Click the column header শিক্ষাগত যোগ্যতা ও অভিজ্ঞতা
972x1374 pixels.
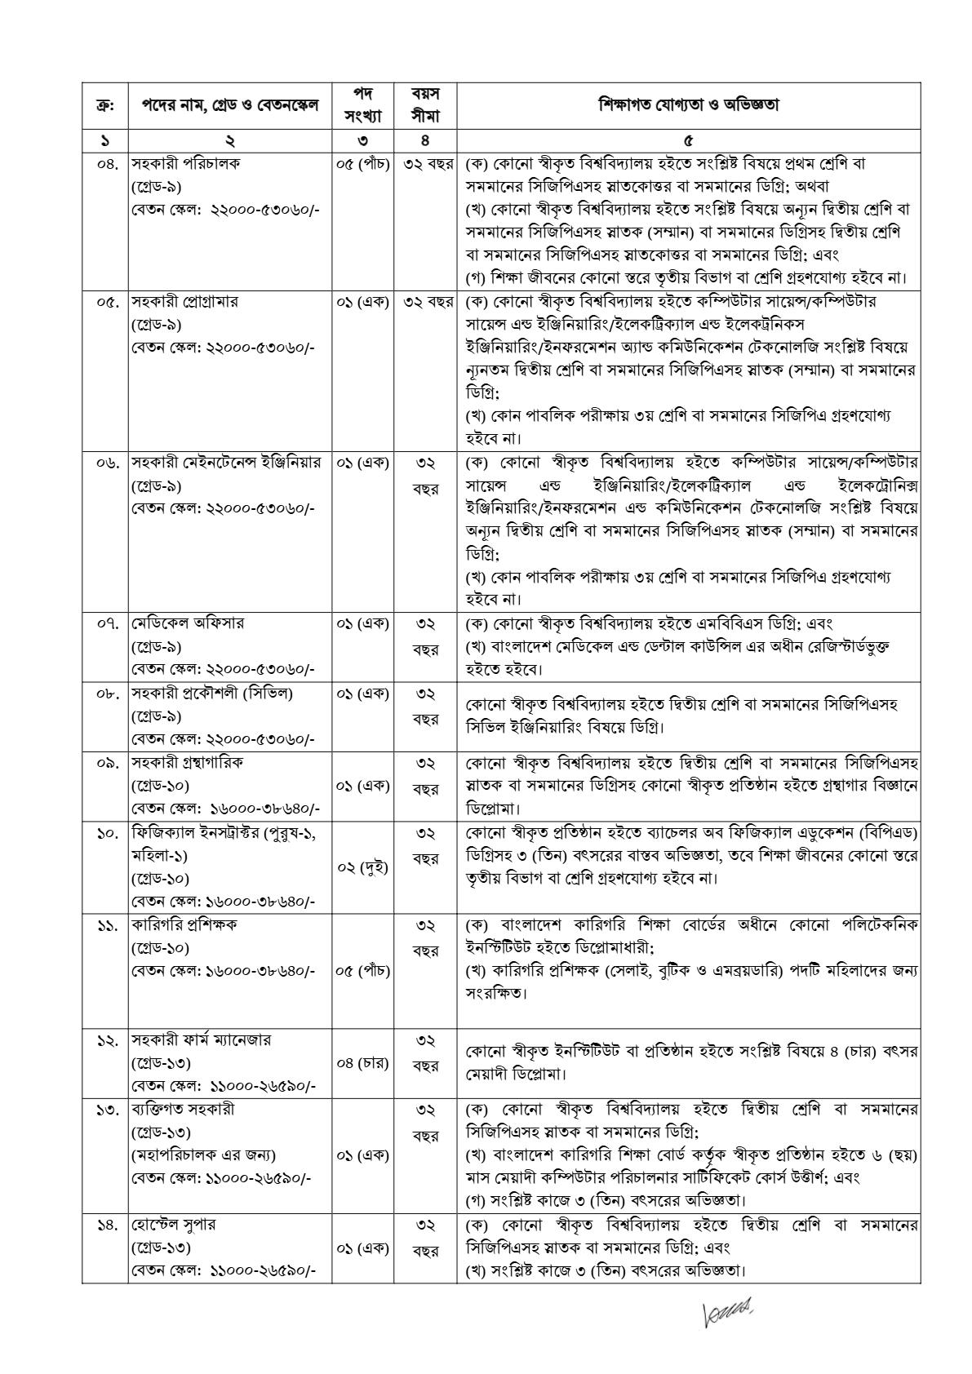tap(688, 105)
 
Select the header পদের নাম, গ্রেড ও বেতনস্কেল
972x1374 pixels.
tap(230, 105)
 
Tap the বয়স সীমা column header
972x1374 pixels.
tap(425, 105)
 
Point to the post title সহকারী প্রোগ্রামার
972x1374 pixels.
tap(185, 302)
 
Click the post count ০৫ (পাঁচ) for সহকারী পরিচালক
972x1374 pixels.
tap(363, 163)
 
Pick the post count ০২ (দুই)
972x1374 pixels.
tap(363, 867)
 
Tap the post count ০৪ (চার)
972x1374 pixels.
tap(363, 1063)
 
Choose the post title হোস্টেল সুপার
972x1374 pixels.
tap(173, 1226)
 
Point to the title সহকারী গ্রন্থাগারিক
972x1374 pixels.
tap(187, 764)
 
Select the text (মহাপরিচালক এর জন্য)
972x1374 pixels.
tap(203, 1155)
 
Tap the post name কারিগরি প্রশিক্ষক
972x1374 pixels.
tap(184, 925)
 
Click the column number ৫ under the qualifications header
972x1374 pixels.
tap(688, 140)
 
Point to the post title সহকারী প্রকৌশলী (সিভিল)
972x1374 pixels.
tap(211, 694)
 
